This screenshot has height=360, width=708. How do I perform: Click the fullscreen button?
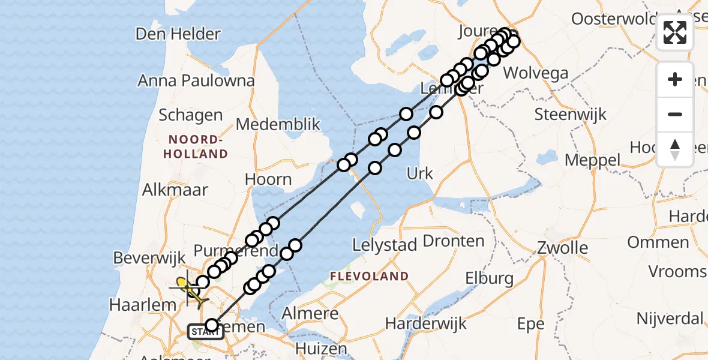pyautogui.click(x=675, y=32)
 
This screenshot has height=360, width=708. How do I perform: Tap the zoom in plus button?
pyautogui.click(x=675, y=80)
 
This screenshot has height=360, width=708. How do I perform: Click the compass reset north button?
pyautogui.click(x=675, y=149)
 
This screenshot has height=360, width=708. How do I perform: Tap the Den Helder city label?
pyautogui.click(x=178, y=34)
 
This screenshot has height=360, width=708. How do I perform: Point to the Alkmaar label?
pyautogui.click(x=175, y=190)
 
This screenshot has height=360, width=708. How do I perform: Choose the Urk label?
pyautogui.click(x=420, y=174)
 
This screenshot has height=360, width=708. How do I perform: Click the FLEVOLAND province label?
pyautogui.click(x=369, y=277)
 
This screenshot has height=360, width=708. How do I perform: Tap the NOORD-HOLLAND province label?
pyautogui.click(x=198, y=146)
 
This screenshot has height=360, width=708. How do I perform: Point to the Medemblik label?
pyautogui.click(x=278, y=125)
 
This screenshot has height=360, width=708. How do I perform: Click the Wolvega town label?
pyautogui.click(x=536, y=74)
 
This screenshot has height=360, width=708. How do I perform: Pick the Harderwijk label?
pyautogui.click(x=426, y=325)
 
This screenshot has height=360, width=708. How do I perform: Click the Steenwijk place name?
pyautogui.click(x=571, y=114)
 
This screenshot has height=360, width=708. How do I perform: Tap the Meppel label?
pyautogui.click(x=593, y=160)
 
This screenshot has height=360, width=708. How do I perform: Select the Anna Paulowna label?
pyautogui.click(x=196, y=80)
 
